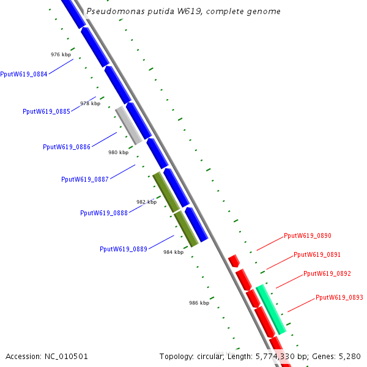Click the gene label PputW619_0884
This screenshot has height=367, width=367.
(x=24, y=75)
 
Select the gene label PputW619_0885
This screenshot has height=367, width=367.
(x=46, y=111)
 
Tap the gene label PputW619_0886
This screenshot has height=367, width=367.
(x=67, y=147)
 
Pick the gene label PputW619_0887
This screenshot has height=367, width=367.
(x=85, y=179)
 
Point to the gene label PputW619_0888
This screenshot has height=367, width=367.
(x=104, y=213)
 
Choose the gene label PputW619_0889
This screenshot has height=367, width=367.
(x=124, y=249)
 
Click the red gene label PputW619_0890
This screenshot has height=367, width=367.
(x=308, y=235)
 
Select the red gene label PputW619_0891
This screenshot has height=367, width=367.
(x=317, y=254)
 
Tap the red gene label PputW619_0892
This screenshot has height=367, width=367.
(x=327, y=273)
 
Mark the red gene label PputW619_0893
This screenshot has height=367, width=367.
(x=339, y=297)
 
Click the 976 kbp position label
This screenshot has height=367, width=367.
(x=61, y=54)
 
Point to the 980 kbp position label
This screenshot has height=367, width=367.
(x=118, y=152)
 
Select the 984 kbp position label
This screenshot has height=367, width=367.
(x=173, y=252)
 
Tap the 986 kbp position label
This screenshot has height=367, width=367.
(x=199, y=303)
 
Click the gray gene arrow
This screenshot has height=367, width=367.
(x=129, y=125)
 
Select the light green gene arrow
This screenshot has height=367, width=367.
(x=271, y=309)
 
